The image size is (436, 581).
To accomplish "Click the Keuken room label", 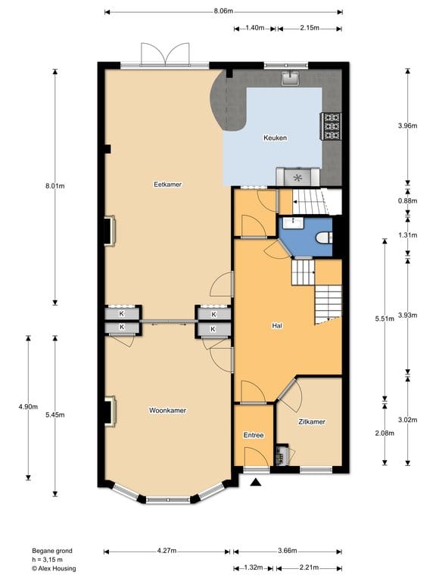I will [x=273, y=138].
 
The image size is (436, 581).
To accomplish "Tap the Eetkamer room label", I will [x=167, y=184].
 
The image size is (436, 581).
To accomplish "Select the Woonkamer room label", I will [x=167, y=410].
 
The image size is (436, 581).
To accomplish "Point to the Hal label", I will [x=277, y=326].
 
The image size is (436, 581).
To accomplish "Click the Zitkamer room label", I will [x=311, y=422].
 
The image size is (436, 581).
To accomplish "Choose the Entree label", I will [x=253, y=436].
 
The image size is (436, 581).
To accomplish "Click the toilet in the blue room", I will [x=325, y=238].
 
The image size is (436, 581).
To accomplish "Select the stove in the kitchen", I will [x=332, y=126].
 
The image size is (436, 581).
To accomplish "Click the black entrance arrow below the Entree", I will [x=256, y=481].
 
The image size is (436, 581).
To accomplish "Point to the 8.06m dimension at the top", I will [x=223, y=11].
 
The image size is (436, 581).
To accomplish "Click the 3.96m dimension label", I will [x=407, y=126].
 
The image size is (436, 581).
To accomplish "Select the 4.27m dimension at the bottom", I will [x=167, y=551].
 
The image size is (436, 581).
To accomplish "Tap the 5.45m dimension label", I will [x=55, y=415].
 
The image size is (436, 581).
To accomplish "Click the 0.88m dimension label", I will [x=407, y=200].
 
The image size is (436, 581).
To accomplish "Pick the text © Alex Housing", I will [x=54, y=568].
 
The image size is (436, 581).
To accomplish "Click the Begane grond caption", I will [x=52, y=551].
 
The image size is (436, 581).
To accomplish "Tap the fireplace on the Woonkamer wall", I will [x=109, y=411].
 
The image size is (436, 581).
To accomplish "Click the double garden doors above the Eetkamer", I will [x=164, y=55].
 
